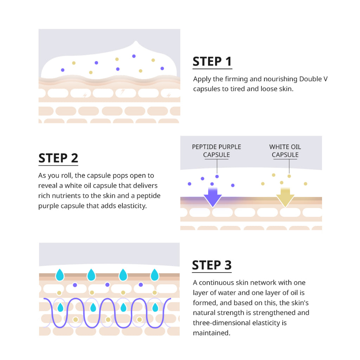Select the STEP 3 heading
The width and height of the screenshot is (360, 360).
[212, 265]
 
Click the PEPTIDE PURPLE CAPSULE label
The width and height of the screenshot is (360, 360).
[217, 150]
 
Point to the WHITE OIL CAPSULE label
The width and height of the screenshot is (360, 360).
[285, 150]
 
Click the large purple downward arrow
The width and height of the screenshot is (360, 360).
[213, 197]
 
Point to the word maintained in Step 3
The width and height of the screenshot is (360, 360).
[212, 333]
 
